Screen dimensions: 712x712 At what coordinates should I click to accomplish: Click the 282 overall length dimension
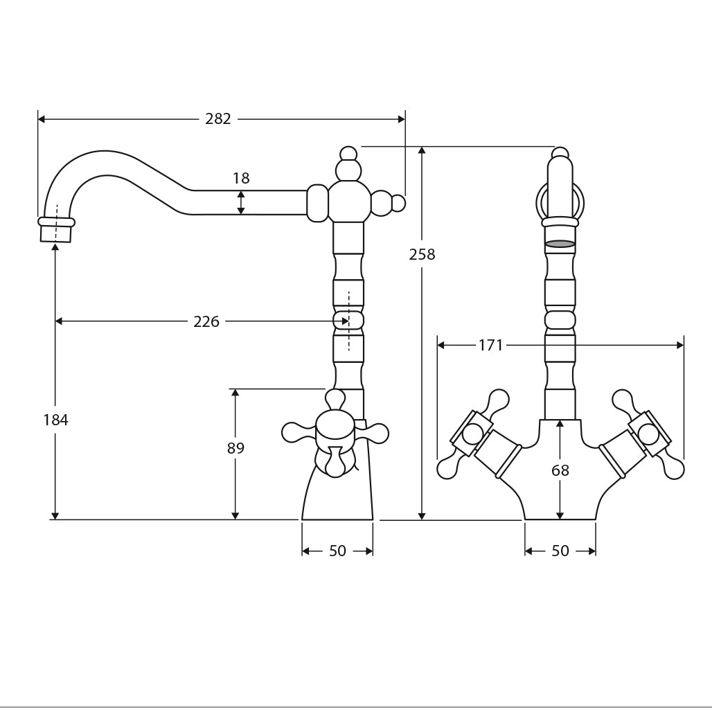(x=218, y=119)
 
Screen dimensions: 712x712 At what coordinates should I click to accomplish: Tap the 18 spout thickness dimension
(x=240, y=179)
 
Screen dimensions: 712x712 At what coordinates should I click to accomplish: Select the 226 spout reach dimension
(x=206, y=321)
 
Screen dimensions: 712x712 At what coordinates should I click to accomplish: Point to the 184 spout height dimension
(x=55, y=420)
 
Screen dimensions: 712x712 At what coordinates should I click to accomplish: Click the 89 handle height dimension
(x=235, y=448)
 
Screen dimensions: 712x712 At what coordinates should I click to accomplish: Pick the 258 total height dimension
(x=422, y=254)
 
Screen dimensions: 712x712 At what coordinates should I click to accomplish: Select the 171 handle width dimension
(x=490, y=345)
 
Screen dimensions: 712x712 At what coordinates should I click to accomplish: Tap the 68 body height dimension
(x=560, y=471)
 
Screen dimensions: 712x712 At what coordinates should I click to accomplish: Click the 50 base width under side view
(x=337, y=551)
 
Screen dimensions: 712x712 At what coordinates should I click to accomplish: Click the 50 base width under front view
(x=560, y=551)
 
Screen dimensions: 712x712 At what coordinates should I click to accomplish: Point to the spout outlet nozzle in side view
(x=56, y=231)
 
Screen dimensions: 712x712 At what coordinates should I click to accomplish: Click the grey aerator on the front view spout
(x=560, y=244)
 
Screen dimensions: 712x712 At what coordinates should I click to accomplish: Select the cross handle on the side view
(x=335, y=433)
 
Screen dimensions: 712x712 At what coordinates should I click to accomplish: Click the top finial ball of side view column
(x=348, y=154)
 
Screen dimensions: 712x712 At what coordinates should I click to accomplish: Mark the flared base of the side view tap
(x=337, y=495)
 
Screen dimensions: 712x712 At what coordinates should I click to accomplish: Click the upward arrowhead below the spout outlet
(x=55, y=247)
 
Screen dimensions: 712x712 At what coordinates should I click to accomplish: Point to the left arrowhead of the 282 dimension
(x=42, y=119)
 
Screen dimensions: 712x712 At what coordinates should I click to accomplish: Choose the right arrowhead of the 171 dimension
(x=679, y=345)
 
